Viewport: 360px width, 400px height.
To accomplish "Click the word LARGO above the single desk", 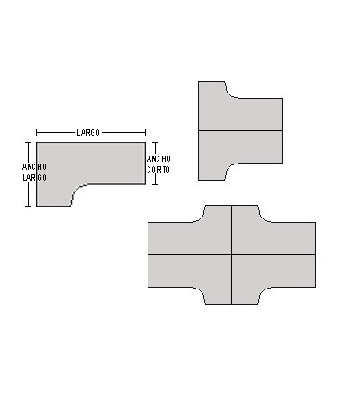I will [87, 133].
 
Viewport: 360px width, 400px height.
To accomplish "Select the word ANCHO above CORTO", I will [158, 158].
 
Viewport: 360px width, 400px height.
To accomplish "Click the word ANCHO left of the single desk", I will [35, 166].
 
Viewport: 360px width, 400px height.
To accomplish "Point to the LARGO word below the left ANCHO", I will [35, 177].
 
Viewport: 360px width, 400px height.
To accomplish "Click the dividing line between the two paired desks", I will [240, 131].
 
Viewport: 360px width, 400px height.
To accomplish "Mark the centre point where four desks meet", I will [232, 254].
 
